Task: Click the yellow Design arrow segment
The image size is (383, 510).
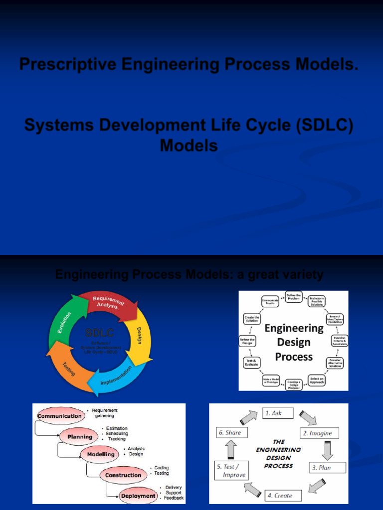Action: click(140, 339)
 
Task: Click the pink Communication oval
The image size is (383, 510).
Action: click(60, 416)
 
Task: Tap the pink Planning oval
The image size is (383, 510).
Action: click(80, 437)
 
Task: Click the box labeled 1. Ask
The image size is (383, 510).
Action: click(277, 413)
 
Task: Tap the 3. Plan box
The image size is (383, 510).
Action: click(328, 468)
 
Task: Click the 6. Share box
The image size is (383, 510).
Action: click(229, 433)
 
